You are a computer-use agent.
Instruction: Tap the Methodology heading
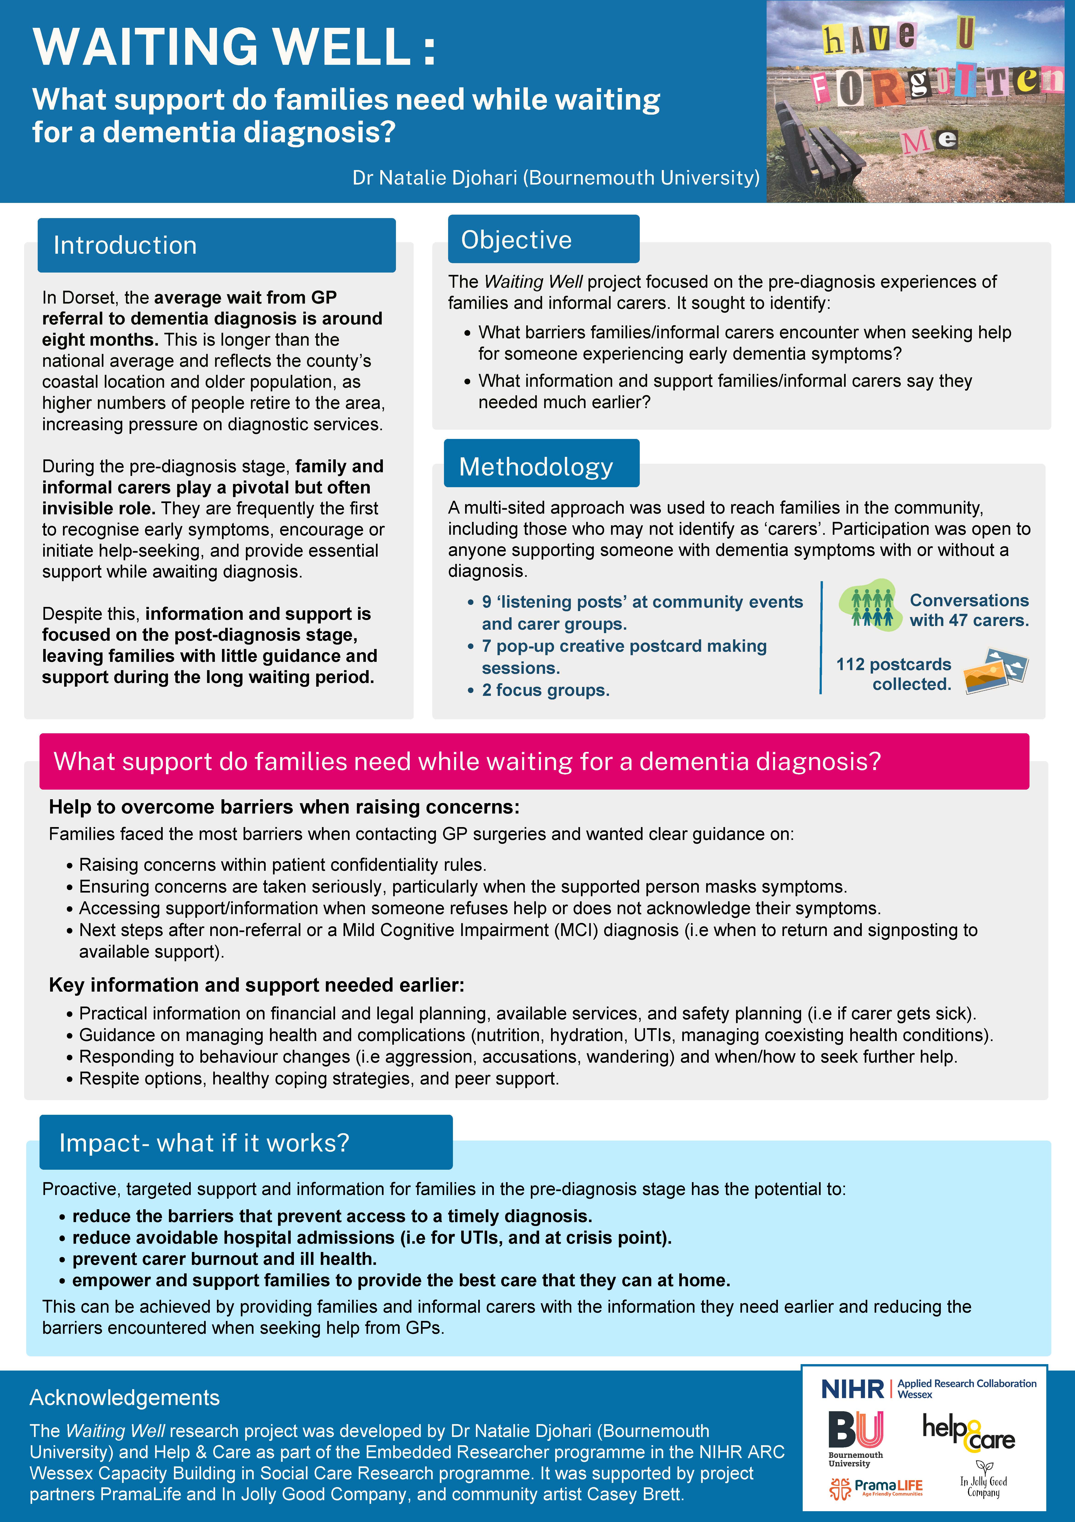tap(535, 467)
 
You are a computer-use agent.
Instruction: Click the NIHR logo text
tap(852, 1389)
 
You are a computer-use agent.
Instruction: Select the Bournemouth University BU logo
tap(856, 1432)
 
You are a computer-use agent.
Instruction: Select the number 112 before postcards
tap(850, 664)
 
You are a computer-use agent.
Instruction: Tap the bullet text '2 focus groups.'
tap(546, 690)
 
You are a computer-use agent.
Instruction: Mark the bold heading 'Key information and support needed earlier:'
tap(256, 985)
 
